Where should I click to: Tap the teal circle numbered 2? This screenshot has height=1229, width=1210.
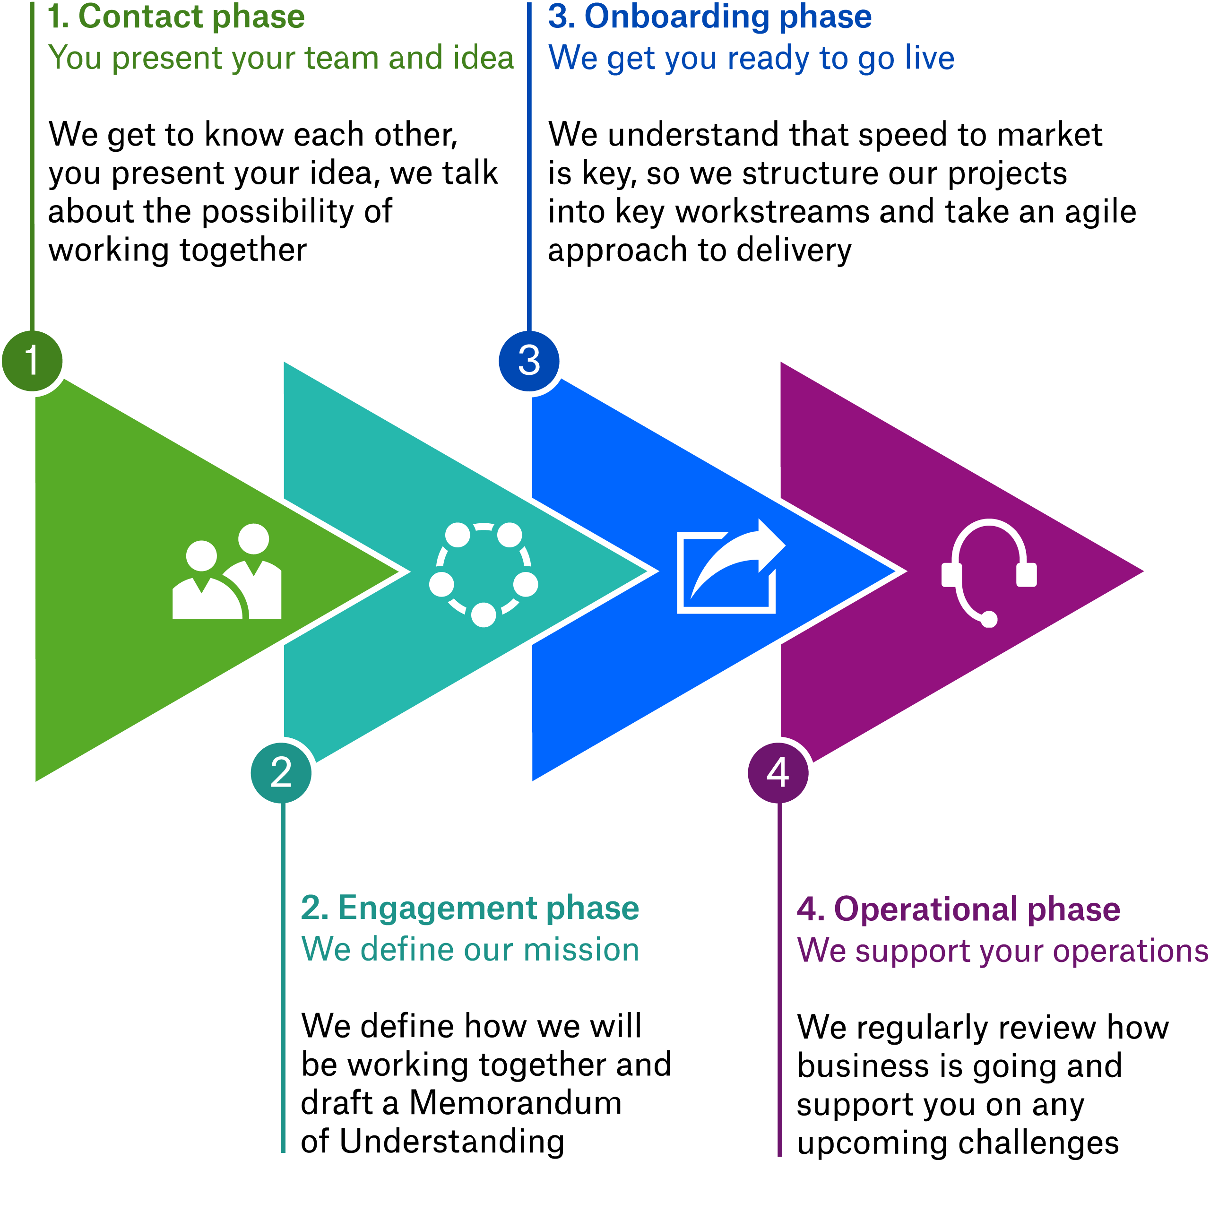pyautogui.click(x=281, y=773)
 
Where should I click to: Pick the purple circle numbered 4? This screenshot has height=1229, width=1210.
pyautogui.click(x=778, y=773)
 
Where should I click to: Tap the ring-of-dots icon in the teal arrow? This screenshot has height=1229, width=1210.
pyautogui.click(x=484, y=573)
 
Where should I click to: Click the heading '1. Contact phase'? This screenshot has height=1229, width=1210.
pyautogui.click(x=176, y=17)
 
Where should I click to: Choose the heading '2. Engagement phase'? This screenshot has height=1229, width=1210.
pyautogui.click(x=470, y=908)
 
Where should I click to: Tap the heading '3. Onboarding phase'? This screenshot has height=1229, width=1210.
pyautogui.click(x=709, y=17)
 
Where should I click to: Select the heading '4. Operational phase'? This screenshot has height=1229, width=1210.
pyautogui.click(x=959, y=909)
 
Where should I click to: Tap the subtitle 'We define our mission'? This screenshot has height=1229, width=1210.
pyautogui.click(x=470, y=949)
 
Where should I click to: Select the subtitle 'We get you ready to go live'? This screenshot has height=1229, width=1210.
pyautogui.click(x=751, y=58)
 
